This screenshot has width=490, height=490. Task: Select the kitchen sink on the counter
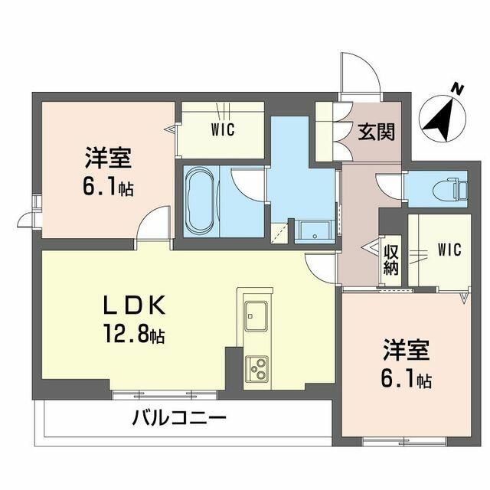tap(255, 315)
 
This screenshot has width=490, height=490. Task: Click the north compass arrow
tap(439, 119)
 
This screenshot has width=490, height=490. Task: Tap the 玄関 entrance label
tap(376, 132)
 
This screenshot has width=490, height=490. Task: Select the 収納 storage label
tap(391, 259)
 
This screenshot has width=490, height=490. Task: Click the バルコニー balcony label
tap(178, 419)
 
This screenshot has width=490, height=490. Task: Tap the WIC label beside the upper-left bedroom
tap(222, 129)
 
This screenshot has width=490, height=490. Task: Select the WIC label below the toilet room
tap(449, 248)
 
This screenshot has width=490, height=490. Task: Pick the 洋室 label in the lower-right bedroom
tap(407, 354)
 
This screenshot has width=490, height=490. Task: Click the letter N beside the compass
tap(456, 89)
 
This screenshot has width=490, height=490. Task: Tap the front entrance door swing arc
tap(361, 73)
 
